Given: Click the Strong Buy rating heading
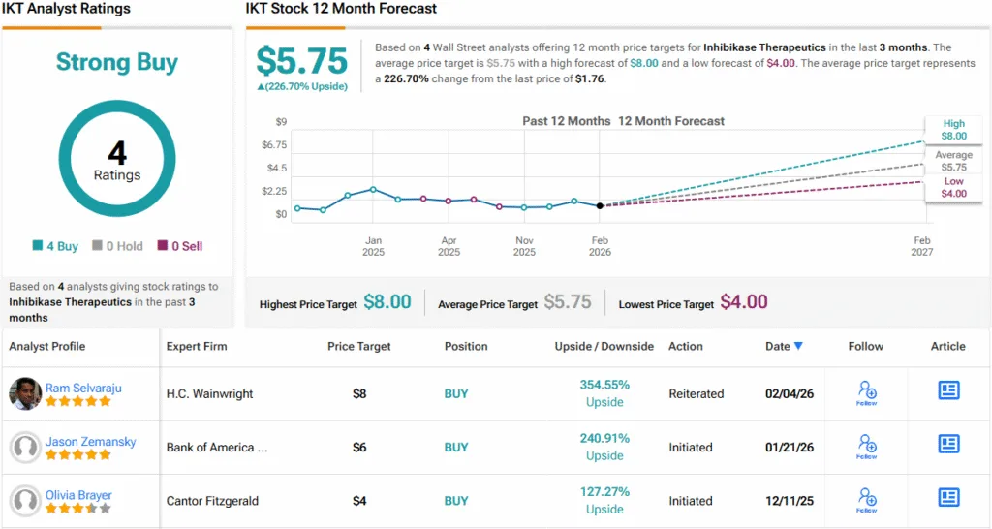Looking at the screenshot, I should tap(117, 63).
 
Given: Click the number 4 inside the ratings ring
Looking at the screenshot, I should tap(117, 153).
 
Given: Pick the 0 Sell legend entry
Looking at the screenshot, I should tap(180, 246).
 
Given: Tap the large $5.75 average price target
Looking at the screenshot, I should tap(301, 61).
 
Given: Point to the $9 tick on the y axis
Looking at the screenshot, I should tap(281, 122).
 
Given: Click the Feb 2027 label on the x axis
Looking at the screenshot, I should tap(921, 246).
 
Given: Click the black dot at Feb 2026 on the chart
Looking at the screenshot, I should tap(600, 205).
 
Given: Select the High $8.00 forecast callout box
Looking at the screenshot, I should tap(953, 130).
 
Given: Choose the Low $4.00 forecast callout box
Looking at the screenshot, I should tap(953, 187).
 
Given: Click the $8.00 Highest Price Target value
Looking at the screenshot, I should tap(387, 302).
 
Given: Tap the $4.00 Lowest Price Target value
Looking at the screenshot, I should tap(742, 302).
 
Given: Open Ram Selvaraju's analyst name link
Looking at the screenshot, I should tap(83, 388).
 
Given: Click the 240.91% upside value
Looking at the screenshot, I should tap(604, 438).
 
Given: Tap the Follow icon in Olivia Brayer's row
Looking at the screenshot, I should tap(866, 500).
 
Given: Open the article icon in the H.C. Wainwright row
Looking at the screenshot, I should tap(948, 390).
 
